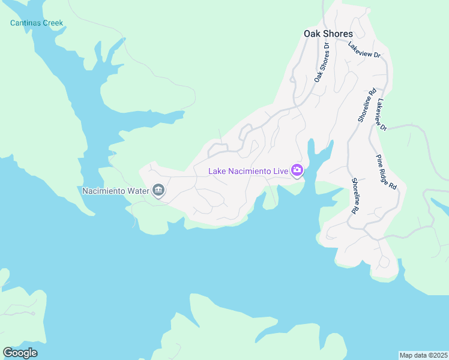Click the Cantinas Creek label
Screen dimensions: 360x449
tap(37, 23)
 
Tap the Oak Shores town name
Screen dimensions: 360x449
tap(328, 34)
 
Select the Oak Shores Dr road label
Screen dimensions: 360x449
tap(322, 63)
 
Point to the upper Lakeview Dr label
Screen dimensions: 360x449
tap(364, 50)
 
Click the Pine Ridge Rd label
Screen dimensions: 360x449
tap(387, 172)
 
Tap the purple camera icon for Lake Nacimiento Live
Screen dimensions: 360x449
tap(297, 171)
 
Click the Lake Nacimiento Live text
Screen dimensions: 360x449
tap(249, 171)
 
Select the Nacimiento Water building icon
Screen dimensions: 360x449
tap(158, 191)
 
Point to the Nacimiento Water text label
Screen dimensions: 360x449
tap(115, 191)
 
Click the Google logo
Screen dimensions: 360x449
tap(20, 353)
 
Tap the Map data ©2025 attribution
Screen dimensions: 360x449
tap(423, 355)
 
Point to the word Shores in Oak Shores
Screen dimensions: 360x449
tap(338, 34)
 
